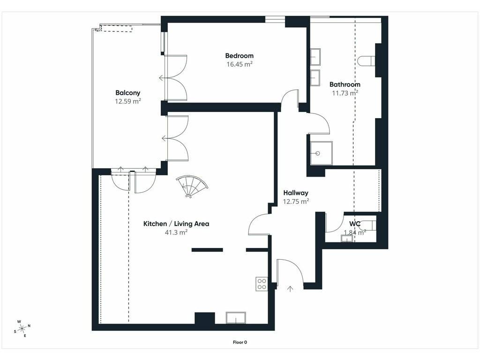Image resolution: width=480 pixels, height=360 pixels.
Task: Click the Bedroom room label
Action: tap(240, 56)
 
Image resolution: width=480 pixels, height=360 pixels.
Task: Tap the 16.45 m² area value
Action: tap(240, 64)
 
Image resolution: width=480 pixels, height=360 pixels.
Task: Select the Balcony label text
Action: tap(127, 93)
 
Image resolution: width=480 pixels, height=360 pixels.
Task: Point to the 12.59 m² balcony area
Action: tap(127, 101)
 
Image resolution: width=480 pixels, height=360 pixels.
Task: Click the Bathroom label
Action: tap(345, 84)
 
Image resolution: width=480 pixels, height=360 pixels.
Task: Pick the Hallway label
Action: tap(296, 193)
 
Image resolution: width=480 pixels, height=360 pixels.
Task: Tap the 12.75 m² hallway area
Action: tap(296, 202)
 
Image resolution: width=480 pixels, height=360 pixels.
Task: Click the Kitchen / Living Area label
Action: tap(176, 224)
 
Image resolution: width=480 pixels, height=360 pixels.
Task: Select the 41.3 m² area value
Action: tap(176, 232)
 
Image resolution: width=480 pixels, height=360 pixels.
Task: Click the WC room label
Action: tap(355, 224)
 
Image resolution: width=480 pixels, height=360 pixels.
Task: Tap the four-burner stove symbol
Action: tap(262, 284)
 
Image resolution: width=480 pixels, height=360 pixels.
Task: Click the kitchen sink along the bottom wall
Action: tap(236, 318)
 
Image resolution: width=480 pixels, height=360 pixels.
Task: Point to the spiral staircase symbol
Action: tap(192, 186)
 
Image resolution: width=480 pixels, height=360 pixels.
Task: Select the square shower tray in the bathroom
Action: tap(322, 153)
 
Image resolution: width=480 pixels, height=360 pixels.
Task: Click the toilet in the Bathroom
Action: tap(367, 61)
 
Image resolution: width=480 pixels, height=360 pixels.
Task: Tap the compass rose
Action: tap(22, 329)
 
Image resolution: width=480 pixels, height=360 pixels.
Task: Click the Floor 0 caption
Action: tap(240, 342)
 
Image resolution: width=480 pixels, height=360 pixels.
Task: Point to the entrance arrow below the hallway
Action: tap(290, 289)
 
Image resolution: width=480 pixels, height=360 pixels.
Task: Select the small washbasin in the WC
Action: tap(347, 238)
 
